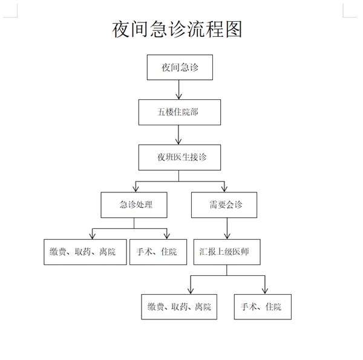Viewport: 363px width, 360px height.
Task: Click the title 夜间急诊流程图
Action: pyautogui.click(x=177, y=29)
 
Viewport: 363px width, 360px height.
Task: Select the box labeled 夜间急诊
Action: pyautogui.click(x=180, y=67)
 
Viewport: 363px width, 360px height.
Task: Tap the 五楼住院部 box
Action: pyautogui.click(x=180, y=113)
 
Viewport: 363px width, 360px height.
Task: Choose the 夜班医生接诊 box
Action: pyautogui.click(x=180, y=157)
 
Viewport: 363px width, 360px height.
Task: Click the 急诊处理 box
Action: pyautogui.click(x=134, y=205)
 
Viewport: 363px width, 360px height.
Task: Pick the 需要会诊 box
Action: pyautogui.click(x=224, y=205)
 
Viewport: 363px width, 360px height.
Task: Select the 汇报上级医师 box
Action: pyautogui.click(x=227, y=252)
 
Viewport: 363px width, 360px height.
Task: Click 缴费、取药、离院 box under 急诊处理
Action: pyautogui.click(x=85, y=252)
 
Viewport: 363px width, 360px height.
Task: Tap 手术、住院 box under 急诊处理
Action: pyautogui.click(x=158, y=252)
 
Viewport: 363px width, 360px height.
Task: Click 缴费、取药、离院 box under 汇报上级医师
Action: pyautogui.click(x=179, y=307)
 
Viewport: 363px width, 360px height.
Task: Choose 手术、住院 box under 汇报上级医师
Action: pyautogui.click(x=263, y=307)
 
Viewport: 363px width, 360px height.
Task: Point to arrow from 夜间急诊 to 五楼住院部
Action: pyautogui.click(x=178, y=90)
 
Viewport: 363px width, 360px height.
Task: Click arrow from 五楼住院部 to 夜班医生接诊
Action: pyautogui.click(x=178, y=135)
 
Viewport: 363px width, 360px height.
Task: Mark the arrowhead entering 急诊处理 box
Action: pyautogui.click(x=136, y=189)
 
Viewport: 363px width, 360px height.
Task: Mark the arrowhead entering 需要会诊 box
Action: pyautogui.click(x=224, y=189)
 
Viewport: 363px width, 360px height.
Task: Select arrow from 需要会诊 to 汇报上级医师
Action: pyautogui.click(x=227, y=229)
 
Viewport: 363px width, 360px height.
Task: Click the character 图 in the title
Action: pyautogui.click(x=234, y=29)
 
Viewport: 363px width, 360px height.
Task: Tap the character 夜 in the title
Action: pyautogui.click(x=121, y=29)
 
